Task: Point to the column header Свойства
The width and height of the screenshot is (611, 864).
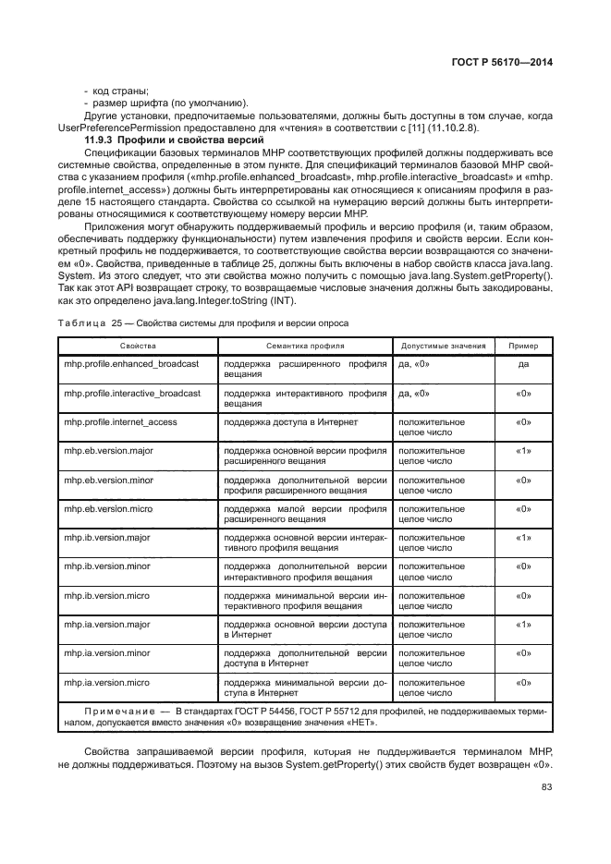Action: (137, 346)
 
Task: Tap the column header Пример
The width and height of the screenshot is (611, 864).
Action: (523, 346)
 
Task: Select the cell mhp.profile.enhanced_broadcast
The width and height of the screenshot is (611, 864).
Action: (131, 364)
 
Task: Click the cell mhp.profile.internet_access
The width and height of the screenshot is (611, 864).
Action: (120, 421)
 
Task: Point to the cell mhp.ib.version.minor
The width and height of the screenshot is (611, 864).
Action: (106, 566)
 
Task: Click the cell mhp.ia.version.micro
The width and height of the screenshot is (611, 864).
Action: (106, 682)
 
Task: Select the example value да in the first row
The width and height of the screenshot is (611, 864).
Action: (523, 364)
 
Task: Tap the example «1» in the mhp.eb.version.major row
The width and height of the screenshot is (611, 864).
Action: (523, 451)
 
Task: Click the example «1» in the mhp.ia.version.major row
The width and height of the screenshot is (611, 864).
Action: (523, 625)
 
